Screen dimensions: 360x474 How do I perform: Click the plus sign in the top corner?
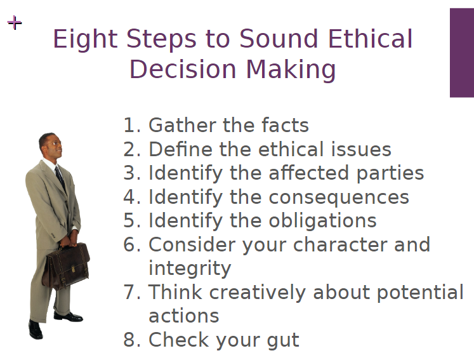pos(14,23)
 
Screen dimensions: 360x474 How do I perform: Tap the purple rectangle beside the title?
pos(461,53)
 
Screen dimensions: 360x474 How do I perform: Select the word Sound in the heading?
pos(286,39)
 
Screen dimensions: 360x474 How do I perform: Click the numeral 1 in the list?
pos(129,126)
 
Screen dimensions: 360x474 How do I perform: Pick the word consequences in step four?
pos(338,197)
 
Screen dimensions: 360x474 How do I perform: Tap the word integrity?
pos(189,269)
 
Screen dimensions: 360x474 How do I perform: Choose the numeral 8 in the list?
pos(129,340)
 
